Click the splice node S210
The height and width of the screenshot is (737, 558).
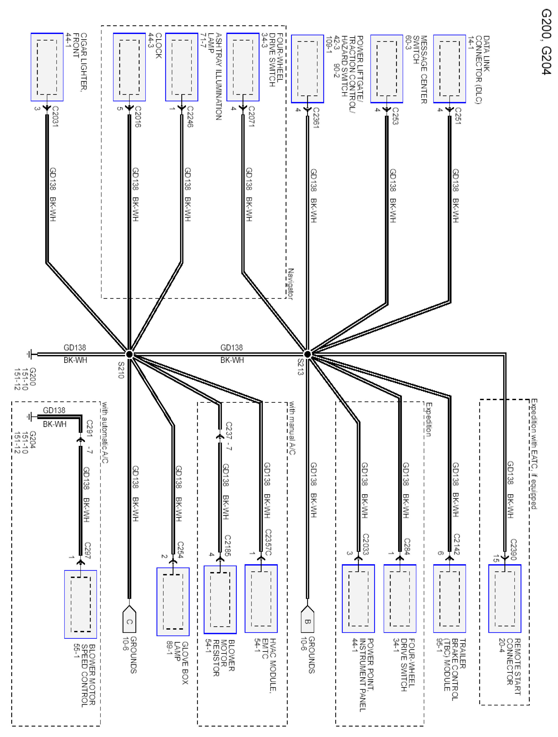pyautogui.click(x=129, y=354)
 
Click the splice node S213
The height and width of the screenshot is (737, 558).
pyautogui.click(x=307, y=354)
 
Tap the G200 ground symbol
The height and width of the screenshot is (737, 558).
pyautogui.click(x=30, y=354)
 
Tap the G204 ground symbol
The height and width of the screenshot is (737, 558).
pyautogui.click(x=30, y=417)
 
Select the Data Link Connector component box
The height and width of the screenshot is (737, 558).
pyautogui.click(x=449, y=69)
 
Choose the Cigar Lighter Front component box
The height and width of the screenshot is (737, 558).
pyautogui.click(x=47, y=67)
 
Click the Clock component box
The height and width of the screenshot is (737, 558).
pyautogui.click(x=129, y=67)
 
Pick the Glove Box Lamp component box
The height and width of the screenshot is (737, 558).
pyautogui.click(x=173, y=601)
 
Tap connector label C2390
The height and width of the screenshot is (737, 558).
pyautogui.click(x=513, y=549)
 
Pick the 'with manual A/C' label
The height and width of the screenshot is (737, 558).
pyautogui.click(x=292, y=428)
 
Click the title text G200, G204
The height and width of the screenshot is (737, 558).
pyautogui.click(x=546, y=42)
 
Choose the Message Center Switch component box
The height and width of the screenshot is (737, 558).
pyautogui.click(x=386, y=69)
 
